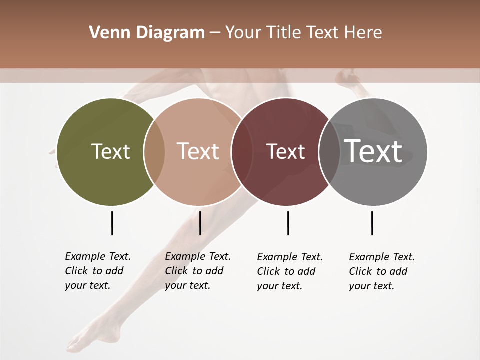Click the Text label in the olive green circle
(x=110, y=151)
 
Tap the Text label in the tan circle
(x=198, y=151)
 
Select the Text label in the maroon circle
(x=285, y=151)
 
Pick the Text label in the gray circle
(x=373, y=151)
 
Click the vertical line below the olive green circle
(x=112, y=223)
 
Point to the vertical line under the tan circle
(x=200, y=223)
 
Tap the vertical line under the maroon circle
(x=288, y=223)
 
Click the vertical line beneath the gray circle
(x=372, y=223)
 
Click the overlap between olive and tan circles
(x=154, y=151)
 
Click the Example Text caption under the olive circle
(x=97, y=271)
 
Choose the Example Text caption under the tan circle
(x=197, y=271)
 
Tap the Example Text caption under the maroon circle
(x=289, y=271)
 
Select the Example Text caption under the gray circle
(x=381, y=271)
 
